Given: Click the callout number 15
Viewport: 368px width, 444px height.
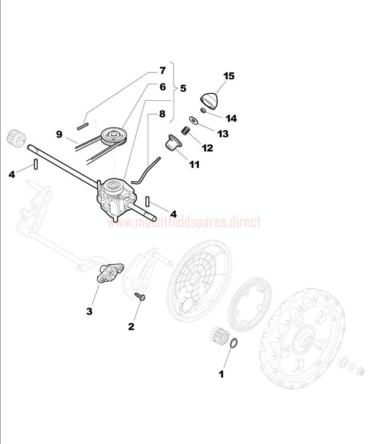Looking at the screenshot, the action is [229, 76].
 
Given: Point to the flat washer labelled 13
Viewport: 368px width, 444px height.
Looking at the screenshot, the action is [194, 120].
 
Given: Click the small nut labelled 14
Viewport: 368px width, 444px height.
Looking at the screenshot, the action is [203, 110].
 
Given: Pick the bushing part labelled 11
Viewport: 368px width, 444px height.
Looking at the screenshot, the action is [171, 142].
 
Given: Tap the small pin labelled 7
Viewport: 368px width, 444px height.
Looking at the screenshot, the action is [83, 126].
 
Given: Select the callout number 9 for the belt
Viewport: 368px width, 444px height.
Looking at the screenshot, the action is [59, 134].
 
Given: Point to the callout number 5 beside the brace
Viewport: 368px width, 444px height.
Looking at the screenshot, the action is [183, 88].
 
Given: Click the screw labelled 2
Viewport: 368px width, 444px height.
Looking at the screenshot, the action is [140, 297].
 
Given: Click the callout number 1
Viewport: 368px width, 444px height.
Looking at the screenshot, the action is [221, 374].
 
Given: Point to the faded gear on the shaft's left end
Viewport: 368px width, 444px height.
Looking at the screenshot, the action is [16, 136].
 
